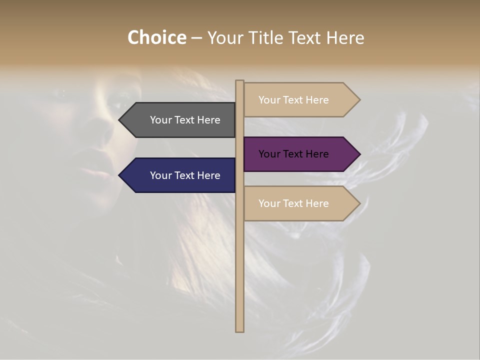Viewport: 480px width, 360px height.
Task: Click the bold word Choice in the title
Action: (x=156, y=37)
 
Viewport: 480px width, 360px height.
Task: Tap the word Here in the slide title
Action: (x=345, y=37)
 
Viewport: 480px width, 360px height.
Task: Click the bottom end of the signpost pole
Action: (x=239, y=330)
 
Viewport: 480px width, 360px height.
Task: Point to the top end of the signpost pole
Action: (x=239, y=81)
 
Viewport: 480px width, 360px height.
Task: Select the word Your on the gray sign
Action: (x=161, y=120)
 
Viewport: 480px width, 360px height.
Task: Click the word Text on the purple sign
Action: (x=294, y=154)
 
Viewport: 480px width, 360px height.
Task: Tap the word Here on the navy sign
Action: (x=208, y=175)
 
